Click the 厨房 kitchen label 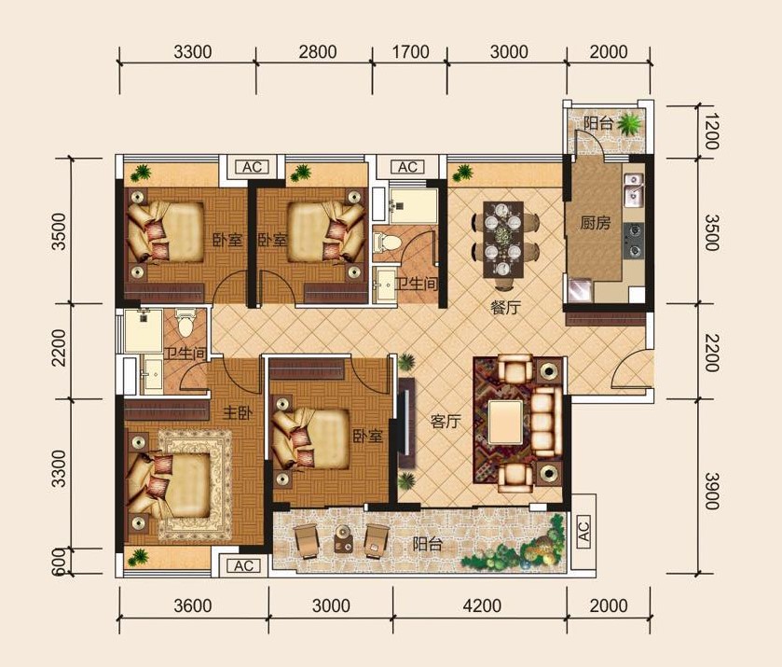(x=595, y=222)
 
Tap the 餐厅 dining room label (x=505, y=307)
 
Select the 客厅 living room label (x=446, y=422)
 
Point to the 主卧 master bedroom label (x=238, y=413)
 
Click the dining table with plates (x=503, y=240)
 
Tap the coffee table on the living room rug (x=506, y=423)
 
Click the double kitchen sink (x=634, y=189)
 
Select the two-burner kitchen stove (x=634, y=241)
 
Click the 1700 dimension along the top (x=410, y=52)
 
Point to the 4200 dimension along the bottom (x=482, y=606)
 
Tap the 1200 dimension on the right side (x=712, y=132)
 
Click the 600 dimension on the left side (x=59, y=562)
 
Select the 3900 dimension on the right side (x=712, y=491)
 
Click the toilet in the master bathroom (x=185, y=323)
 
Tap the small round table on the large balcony (x=343, y=539)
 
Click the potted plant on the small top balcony (x=630, y=123)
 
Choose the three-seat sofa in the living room (x=547, y=423)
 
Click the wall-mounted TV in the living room (x=406, y=423)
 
